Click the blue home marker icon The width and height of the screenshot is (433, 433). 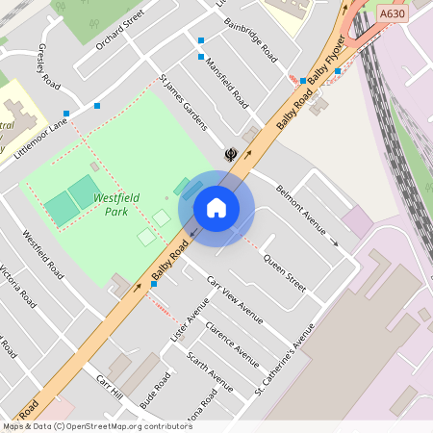click(216, 207)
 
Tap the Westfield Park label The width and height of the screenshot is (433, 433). click(116, 204)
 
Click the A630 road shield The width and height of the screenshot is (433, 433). click(392, 14)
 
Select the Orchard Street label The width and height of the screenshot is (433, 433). click(119, 29)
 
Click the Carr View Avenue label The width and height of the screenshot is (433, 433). click(236, 299)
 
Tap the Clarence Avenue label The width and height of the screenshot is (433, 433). click(232, 344)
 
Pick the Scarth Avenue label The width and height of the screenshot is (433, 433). click(210, 371)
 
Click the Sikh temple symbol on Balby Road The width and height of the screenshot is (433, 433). click(231, 153)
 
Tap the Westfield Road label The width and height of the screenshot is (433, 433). click(42, 254)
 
